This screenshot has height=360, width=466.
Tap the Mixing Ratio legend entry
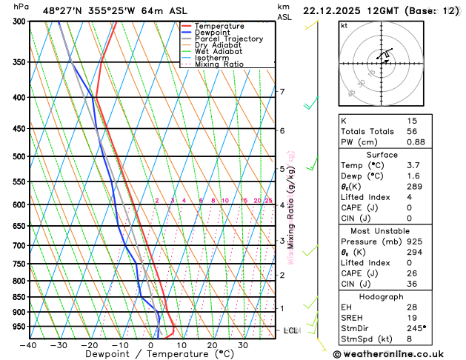tap(219, 64)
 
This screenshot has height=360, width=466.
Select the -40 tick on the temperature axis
tap(29, 345)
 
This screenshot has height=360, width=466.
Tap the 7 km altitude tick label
tap(282, 92)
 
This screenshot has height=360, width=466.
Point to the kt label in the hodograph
tap(344, 25)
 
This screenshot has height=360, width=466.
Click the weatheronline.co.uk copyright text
tap(397, 353)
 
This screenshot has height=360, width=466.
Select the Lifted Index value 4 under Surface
tap(410, 197)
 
